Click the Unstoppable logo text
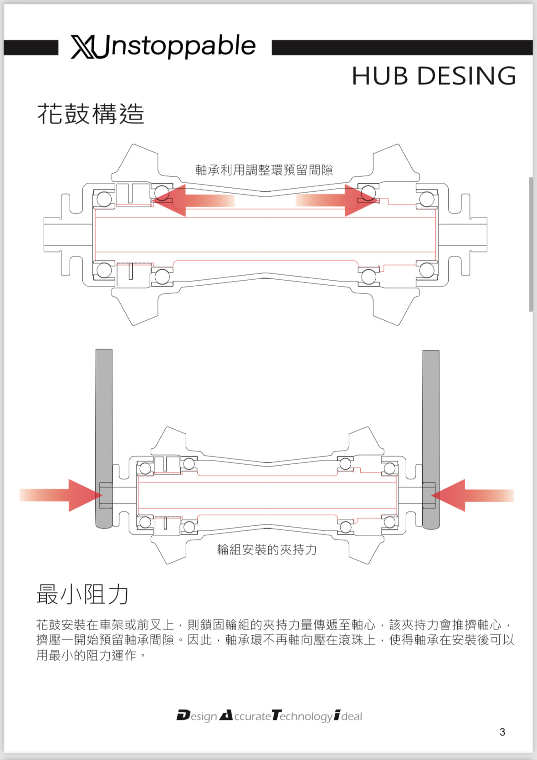point(178,46)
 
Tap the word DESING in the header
point(466,76)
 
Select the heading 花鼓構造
point(91,114)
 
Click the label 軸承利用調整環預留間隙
point(264,170)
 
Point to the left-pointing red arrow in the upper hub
point(191,200)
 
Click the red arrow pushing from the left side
point(64,495)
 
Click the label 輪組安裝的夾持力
point(267,549)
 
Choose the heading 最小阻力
point(82,595)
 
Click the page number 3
point(502,732)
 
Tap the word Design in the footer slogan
point(197,716)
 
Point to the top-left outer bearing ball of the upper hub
point(104,199)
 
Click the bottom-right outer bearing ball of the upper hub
point(426,270)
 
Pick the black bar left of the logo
point(31,47)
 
